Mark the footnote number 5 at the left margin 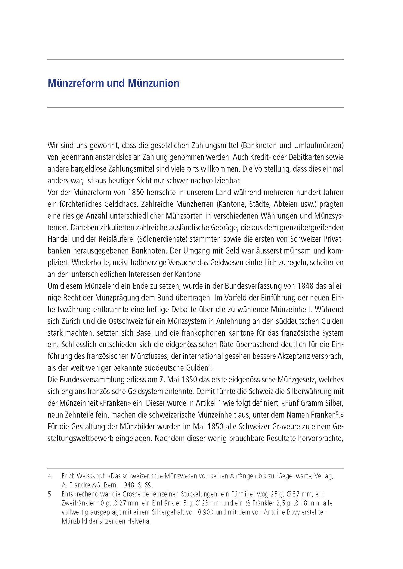coord(49,494)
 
